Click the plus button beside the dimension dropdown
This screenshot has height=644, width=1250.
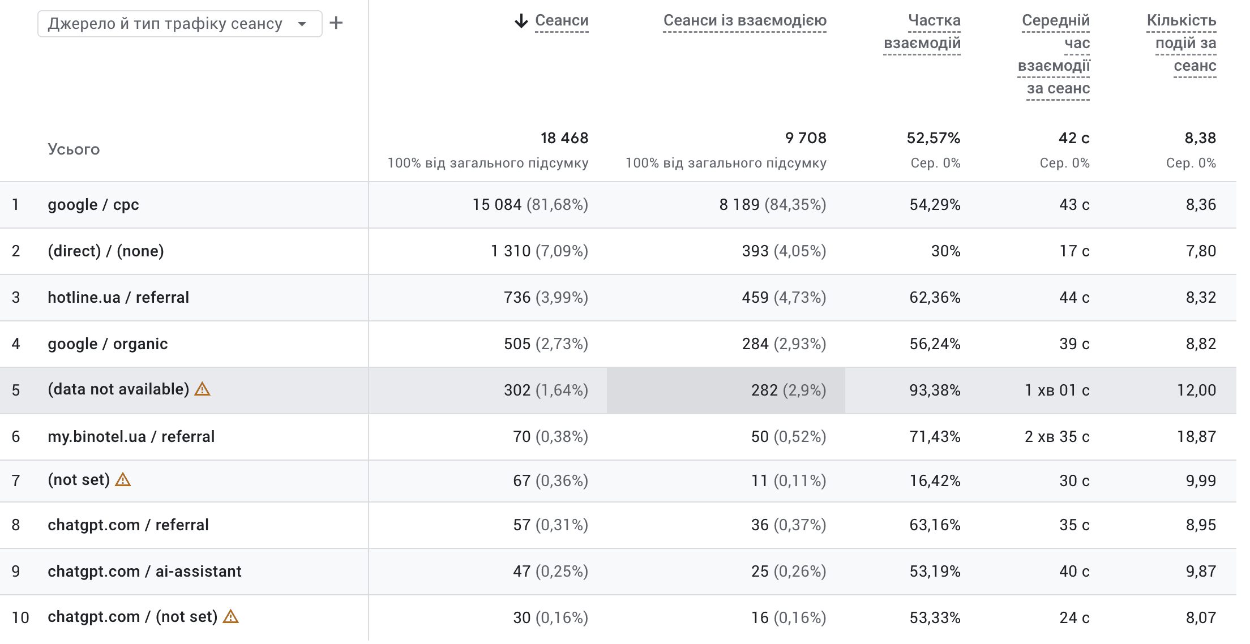tap(336, 23)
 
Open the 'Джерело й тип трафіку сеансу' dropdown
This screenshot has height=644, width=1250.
tap(179, 24)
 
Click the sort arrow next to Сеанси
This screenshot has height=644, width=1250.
tap(521, 21)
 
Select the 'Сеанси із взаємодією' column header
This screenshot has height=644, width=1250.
tap(744, 21)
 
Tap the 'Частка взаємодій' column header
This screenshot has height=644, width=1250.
tap(922, 32)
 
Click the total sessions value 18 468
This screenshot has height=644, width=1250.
tap(564, 138)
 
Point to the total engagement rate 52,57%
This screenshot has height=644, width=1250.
tap(934, 138)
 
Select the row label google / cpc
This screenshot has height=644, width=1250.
tap(93, 205)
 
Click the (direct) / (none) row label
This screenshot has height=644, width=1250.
tap(106, 251)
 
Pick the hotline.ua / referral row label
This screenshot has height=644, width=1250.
tap(118, 298)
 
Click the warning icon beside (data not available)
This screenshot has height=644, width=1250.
tap(202, 389)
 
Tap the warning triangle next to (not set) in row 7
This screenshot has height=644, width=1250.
tap(123, 480)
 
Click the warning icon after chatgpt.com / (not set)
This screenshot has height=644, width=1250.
tap(230, 617)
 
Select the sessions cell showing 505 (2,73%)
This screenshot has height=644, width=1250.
tap(546, 344)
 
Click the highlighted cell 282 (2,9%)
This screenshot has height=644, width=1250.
tap(789, 390)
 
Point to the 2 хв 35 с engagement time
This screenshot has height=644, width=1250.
tap(1057, 437)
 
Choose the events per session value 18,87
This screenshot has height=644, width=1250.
tap(1197, 437)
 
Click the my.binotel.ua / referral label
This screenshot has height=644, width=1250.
tap(131, 437)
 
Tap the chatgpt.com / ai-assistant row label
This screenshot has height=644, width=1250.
tap(144, 572)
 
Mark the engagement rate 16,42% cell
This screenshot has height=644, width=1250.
tap(935, 481)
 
